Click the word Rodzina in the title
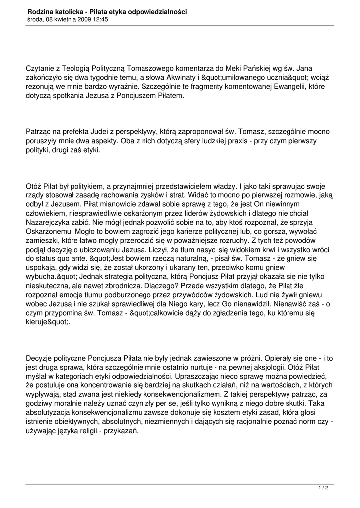tap(41, 11)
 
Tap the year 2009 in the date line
tap(80, 20)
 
